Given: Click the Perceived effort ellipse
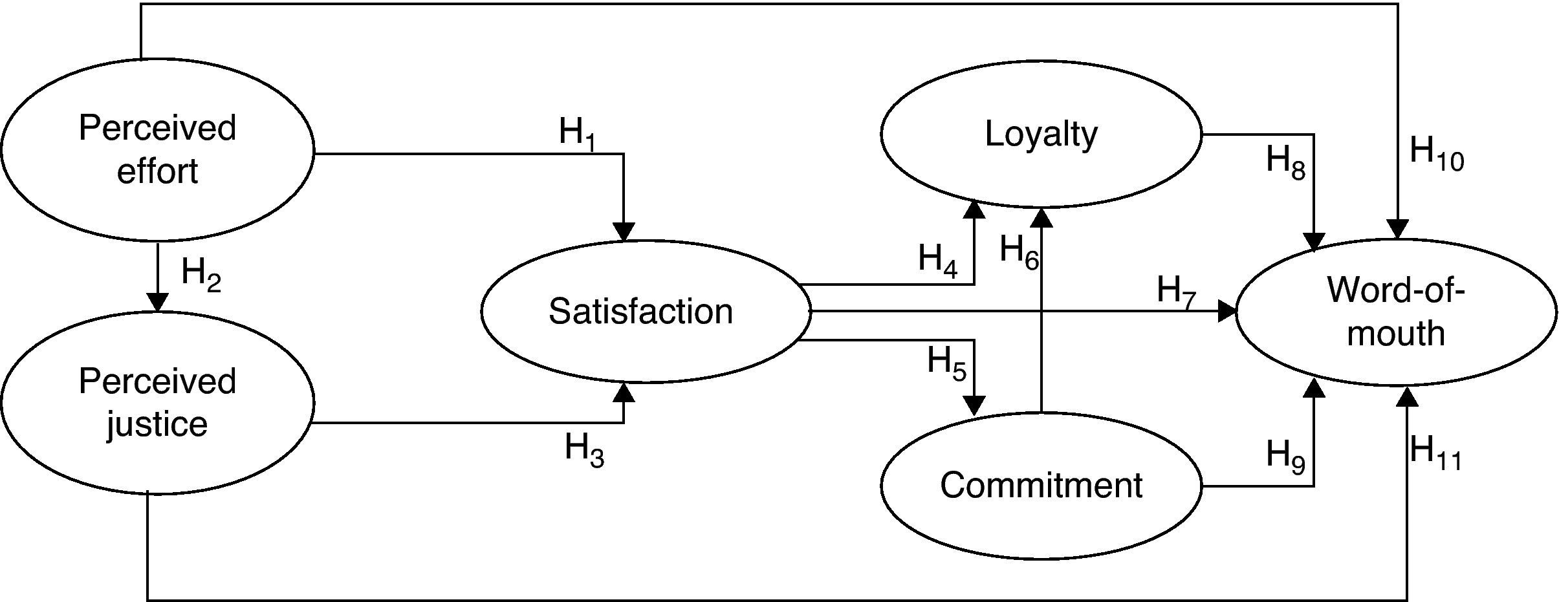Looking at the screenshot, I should (x=157, y=150).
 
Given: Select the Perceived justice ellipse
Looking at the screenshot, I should (x=157, y=402).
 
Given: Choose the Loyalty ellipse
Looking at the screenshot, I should (x=1041, y=134).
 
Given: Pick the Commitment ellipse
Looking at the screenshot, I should (x=1041, y=485).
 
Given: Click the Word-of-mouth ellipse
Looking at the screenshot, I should (x=1396, y=312).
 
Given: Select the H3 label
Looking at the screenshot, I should (x=584, y=449).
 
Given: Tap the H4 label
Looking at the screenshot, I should (x=938, y=260).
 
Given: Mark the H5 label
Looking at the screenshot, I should (x=946, y=362).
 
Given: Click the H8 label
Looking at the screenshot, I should (x=1285, y=162).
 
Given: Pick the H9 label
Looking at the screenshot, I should (x=1285, y=455).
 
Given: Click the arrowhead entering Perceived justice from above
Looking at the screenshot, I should (x=157, y=302).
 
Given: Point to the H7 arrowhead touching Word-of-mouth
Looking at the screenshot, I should (x=1227, y=312).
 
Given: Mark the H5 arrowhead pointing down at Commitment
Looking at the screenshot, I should (x=974, y=405).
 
